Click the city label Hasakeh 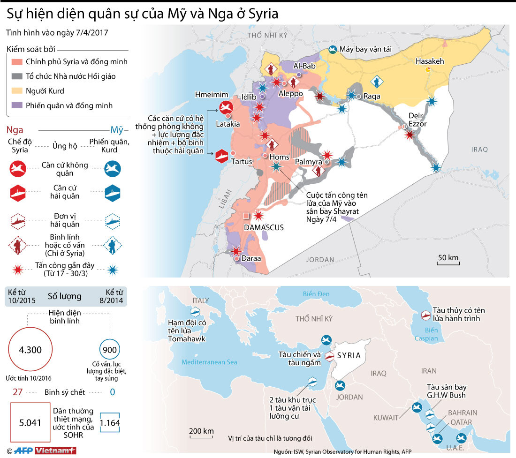430,61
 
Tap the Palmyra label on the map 308,162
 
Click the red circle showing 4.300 30,350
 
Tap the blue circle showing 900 110,349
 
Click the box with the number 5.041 30,422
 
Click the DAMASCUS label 264,227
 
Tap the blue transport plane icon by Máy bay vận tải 333,49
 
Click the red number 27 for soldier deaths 18,392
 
